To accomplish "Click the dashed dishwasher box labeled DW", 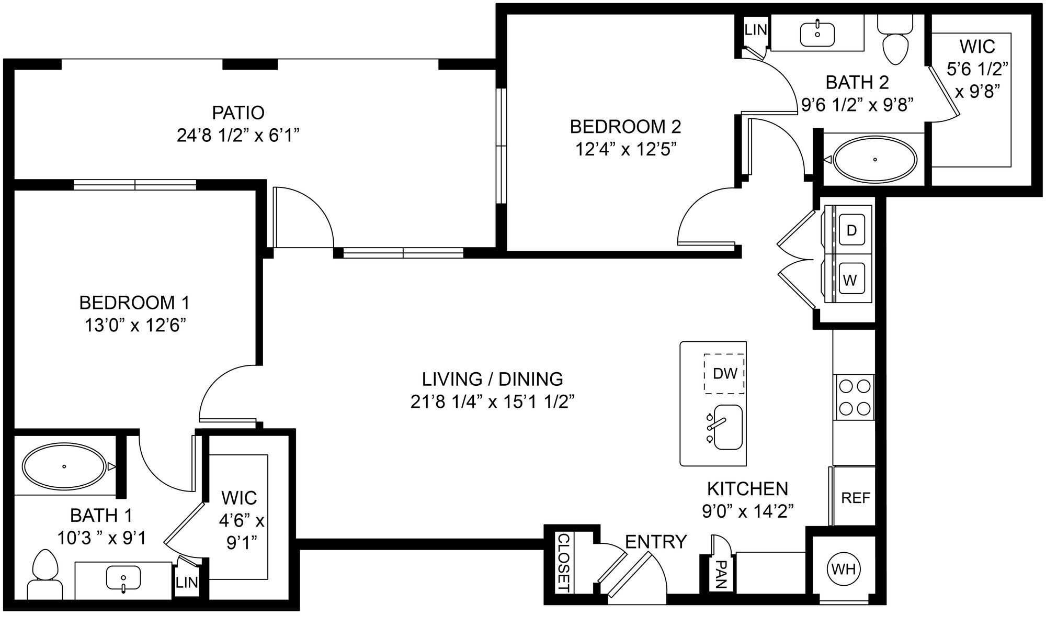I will click(724, 373).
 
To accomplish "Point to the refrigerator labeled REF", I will click(855, 497).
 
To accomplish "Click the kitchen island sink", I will click(727, 427).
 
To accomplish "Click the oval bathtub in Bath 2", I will click(874, 159).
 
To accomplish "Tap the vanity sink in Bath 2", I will click(817, 32).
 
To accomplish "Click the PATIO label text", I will click(238, 113).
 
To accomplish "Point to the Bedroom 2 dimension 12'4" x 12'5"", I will click(626, 150).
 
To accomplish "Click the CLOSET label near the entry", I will click(563, 563).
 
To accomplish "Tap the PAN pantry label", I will click(721, 575).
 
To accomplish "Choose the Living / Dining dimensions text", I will click(493, 402).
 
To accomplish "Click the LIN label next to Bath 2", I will click(755, 30).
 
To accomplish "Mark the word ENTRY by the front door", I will click(656, 542).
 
